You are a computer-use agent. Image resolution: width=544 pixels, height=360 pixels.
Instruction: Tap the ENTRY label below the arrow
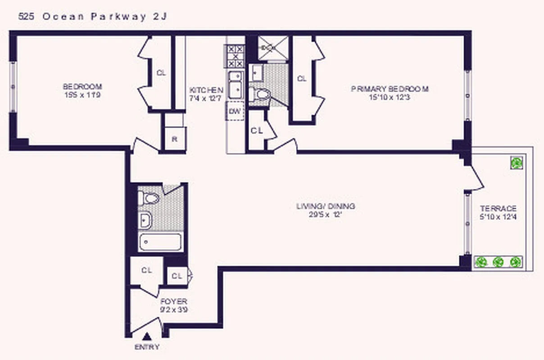(x=147, y=347)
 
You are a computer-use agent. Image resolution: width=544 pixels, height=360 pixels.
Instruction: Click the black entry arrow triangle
(x=147, y=336)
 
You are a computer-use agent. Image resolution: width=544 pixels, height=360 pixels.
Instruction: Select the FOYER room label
(x=173, y=301)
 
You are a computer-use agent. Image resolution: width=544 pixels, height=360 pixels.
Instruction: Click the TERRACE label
(x=498, y=209)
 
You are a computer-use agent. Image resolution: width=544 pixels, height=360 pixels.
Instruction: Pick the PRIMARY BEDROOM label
(x=390, y=89)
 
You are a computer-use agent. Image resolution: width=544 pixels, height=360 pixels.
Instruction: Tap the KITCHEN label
(x=206, y=90)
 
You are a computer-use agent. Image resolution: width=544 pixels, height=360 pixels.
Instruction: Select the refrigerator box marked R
(x=174, y=139)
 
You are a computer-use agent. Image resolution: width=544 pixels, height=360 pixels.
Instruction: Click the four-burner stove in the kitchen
(x=235, y=56)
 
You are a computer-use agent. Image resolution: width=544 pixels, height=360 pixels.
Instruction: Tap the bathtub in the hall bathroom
(x=160, y=243)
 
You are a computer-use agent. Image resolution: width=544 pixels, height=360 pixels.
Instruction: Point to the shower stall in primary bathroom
(x=272, y=47)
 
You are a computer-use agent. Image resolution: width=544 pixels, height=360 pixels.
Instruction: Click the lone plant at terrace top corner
(x=517, y=162)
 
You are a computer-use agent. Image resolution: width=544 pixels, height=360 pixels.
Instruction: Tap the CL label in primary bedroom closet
(x=302, y=79)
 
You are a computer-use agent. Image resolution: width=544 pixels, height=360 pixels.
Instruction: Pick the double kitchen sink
(x=235, y=84)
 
